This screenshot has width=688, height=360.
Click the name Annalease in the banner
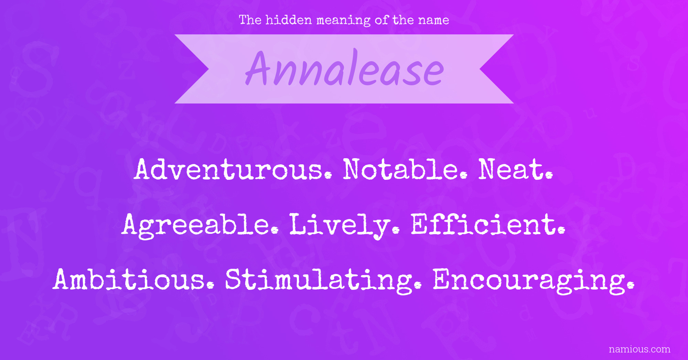tap(344, 69)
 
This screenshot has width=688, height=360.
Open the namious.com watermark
tap(639, 349)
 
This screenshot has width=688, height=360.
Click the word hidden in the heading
tap(289, 20)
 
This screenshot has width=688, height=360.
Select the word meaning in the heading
tap(344, 21)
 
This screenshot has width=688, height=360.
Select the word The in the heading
tap(250, 20)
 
